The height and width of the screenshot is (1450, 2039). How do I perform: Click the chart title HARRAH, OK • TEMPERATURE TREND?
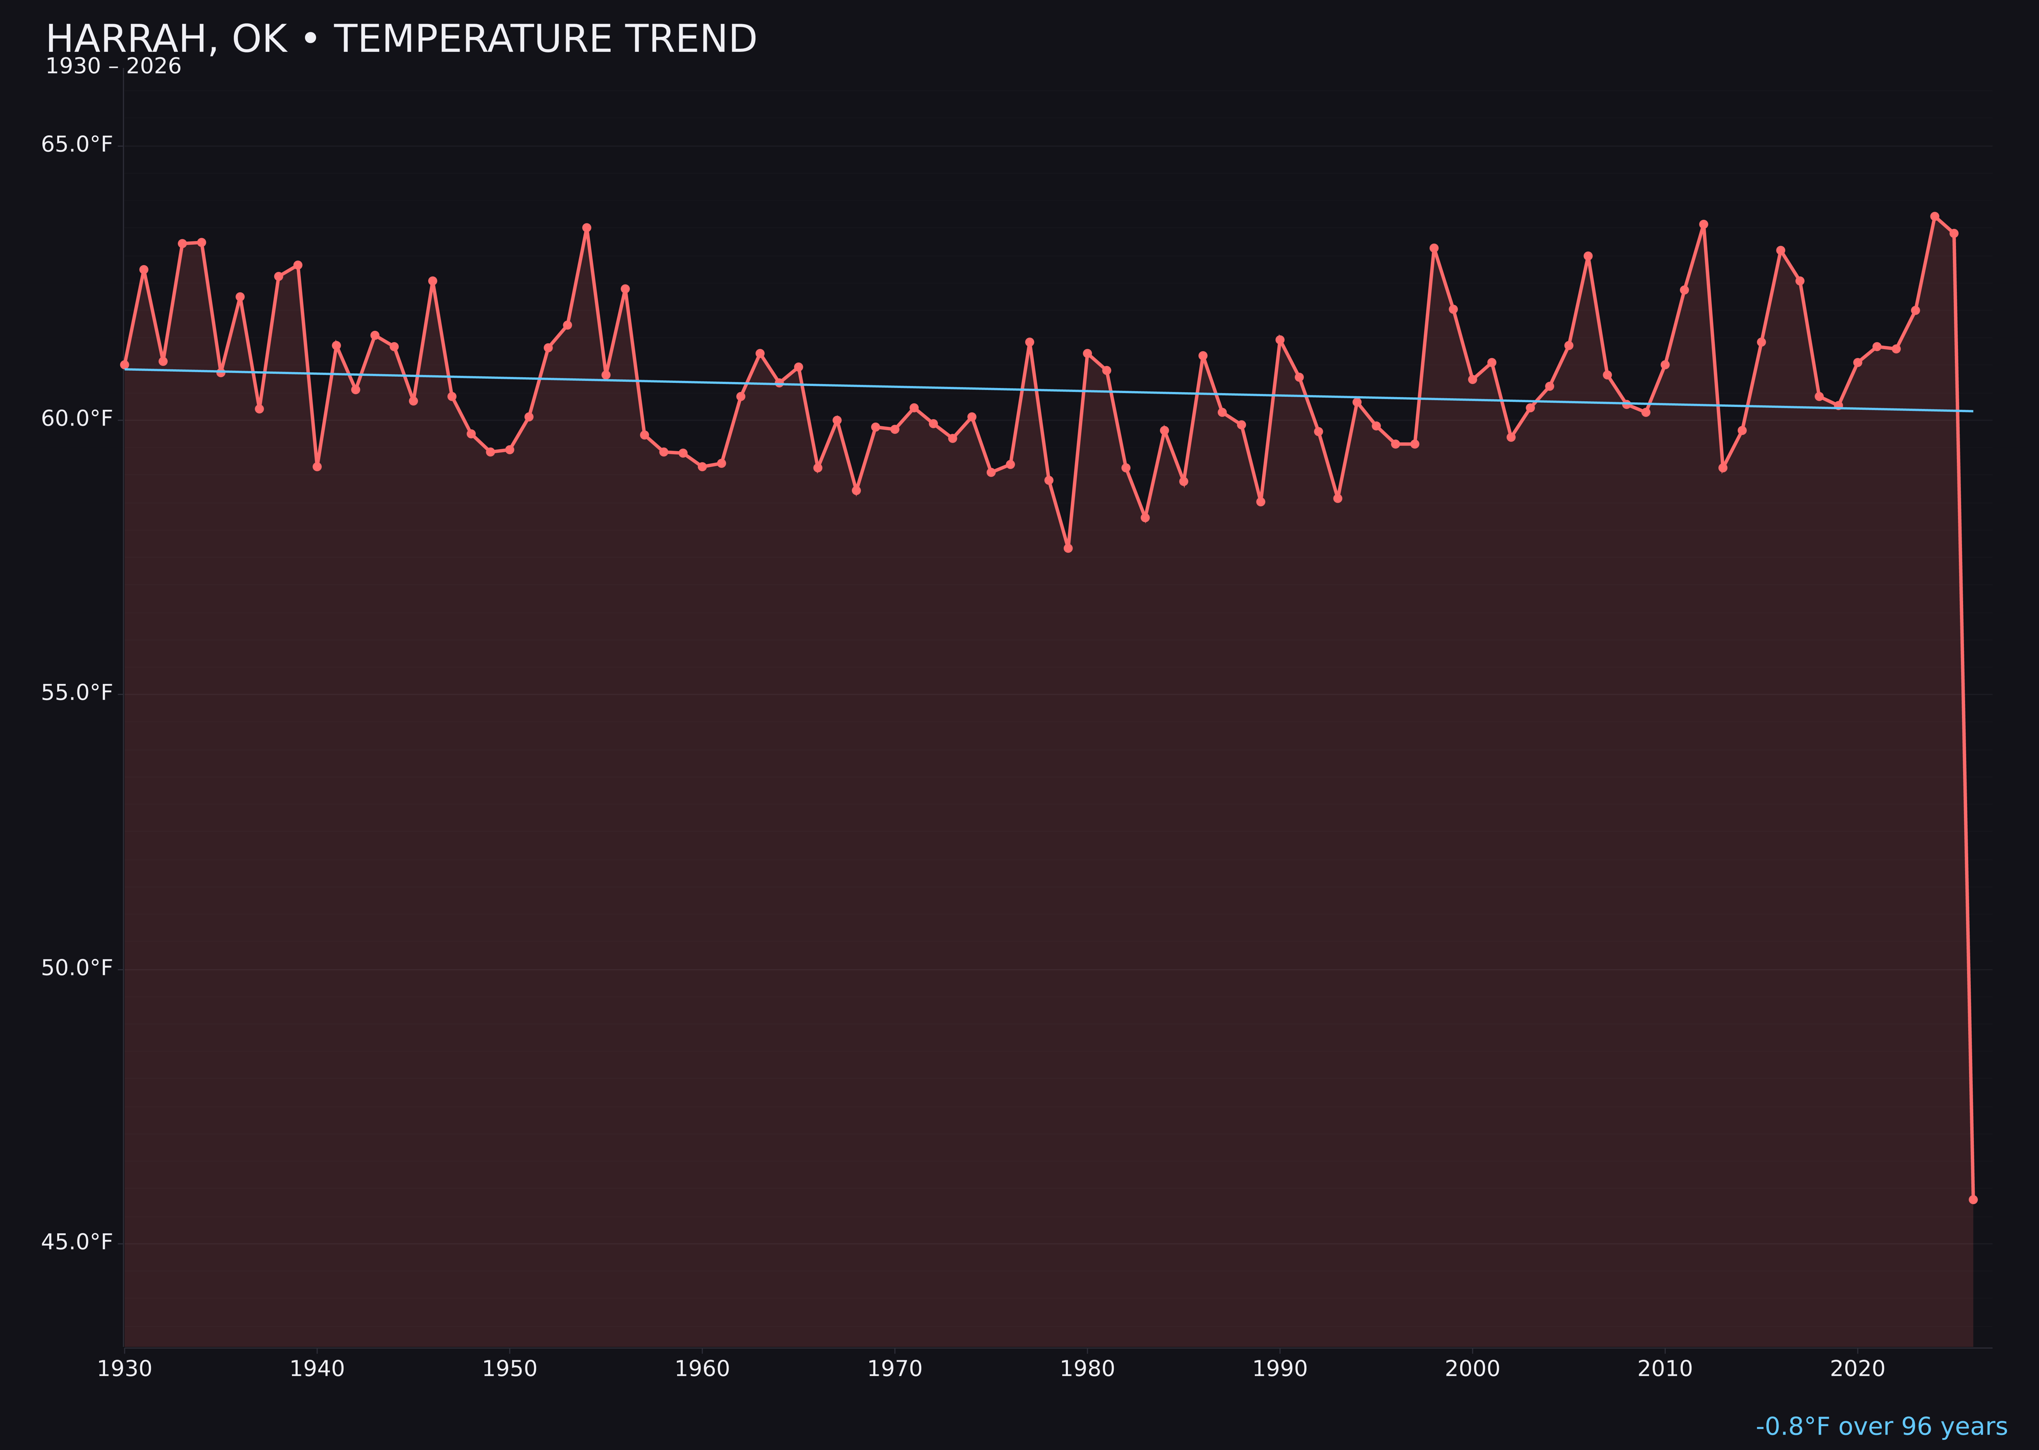pyautogui.click(x=401, y=39)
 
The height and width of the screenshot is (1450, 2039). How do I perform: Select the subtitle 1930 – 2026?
pyautogui.click(x=113, y=67)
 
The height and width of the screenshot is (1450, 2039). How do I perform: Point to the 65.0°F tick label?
pyautogui.click(x=77, y=145)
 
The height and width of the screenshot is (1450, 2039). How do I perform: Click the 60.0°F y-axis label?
pyautogui.click(x=77, y=419)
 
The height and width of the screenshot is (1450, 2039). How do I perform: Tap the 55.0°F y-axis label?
pyautogui.click(x=77, y=693)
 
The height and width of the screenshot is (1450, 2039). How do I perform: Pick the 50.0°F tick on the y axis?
pyautogui.click(x=77, y=968)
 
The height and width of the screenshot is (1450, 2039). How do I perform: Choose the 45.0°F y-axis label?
pyautogui.click(x=77, y=1242)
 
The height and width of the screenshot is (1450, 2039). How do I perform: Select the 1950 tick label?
pyautogui.click(x=510, y=1369)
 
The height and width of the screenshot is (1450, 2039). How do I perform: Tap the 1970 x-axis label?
pyautogui.click(x=895, y=1369)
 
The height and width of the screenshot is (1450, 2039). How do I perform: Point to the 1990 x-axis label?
pyautogui.click(x=1279, y=1369)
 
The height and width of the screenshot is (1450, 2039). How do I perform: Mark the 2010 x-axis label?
pyautogui.click(x=1665, y=1369)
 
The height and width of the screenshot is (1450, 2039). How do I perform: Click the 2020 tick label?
pyautogui.click(x=1857, y=1369)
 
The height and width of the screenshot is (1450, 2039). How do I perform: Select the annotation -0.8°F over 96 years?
pyautogui.click(x=1881, y=1427)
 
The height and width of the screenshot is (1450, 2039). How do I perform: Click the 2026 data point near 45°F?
pyautogui.click(x=1973, y=1199)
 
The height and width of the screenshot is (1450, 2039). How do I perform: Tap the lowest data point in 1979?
pyautogui.click(x=1068, y=548)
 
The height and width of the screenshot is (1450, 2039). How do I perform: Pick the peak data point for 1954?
pyautogui.click(x=587, y=228)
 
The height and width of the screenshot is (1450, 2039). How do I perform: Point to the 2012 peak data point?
pyautogui.click(x=1704, y=224)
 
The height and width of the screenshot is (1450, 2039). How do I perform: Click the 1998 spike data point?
pyautogui.click(x=1434, y=248)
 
